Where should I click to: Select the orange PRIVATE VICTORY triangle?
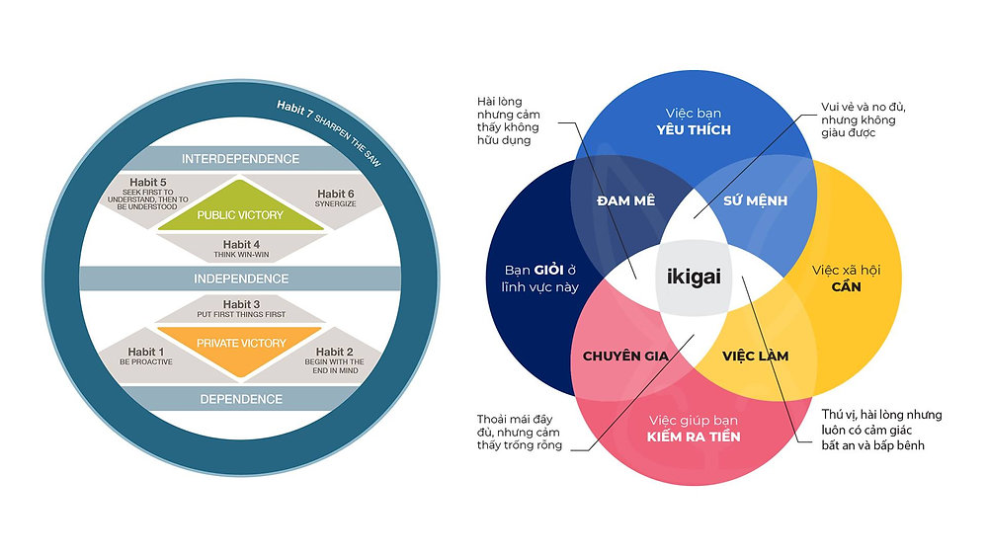pyautogui.click(x=240, y=343)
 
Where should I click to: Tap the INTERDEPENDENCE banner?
pyautogui.click(x=240, y=159)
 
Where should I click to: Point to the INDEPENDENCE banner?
pyautogui.click(x=240, y=278)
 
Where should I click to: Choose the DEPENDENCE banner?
pyautogui.click(x=240, y=399)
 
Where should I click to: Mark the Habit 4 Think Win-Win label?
pyautogui.click(x=240, y=248)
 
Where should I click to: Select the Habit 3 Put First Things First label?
pyautogui.click(x=240, y=310)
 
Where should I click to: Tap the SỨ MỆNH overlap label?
pyautogui.click(x=759, y=200)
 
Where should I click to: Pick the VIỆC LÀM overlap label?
pyautogui.click(x=756, y=356)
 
